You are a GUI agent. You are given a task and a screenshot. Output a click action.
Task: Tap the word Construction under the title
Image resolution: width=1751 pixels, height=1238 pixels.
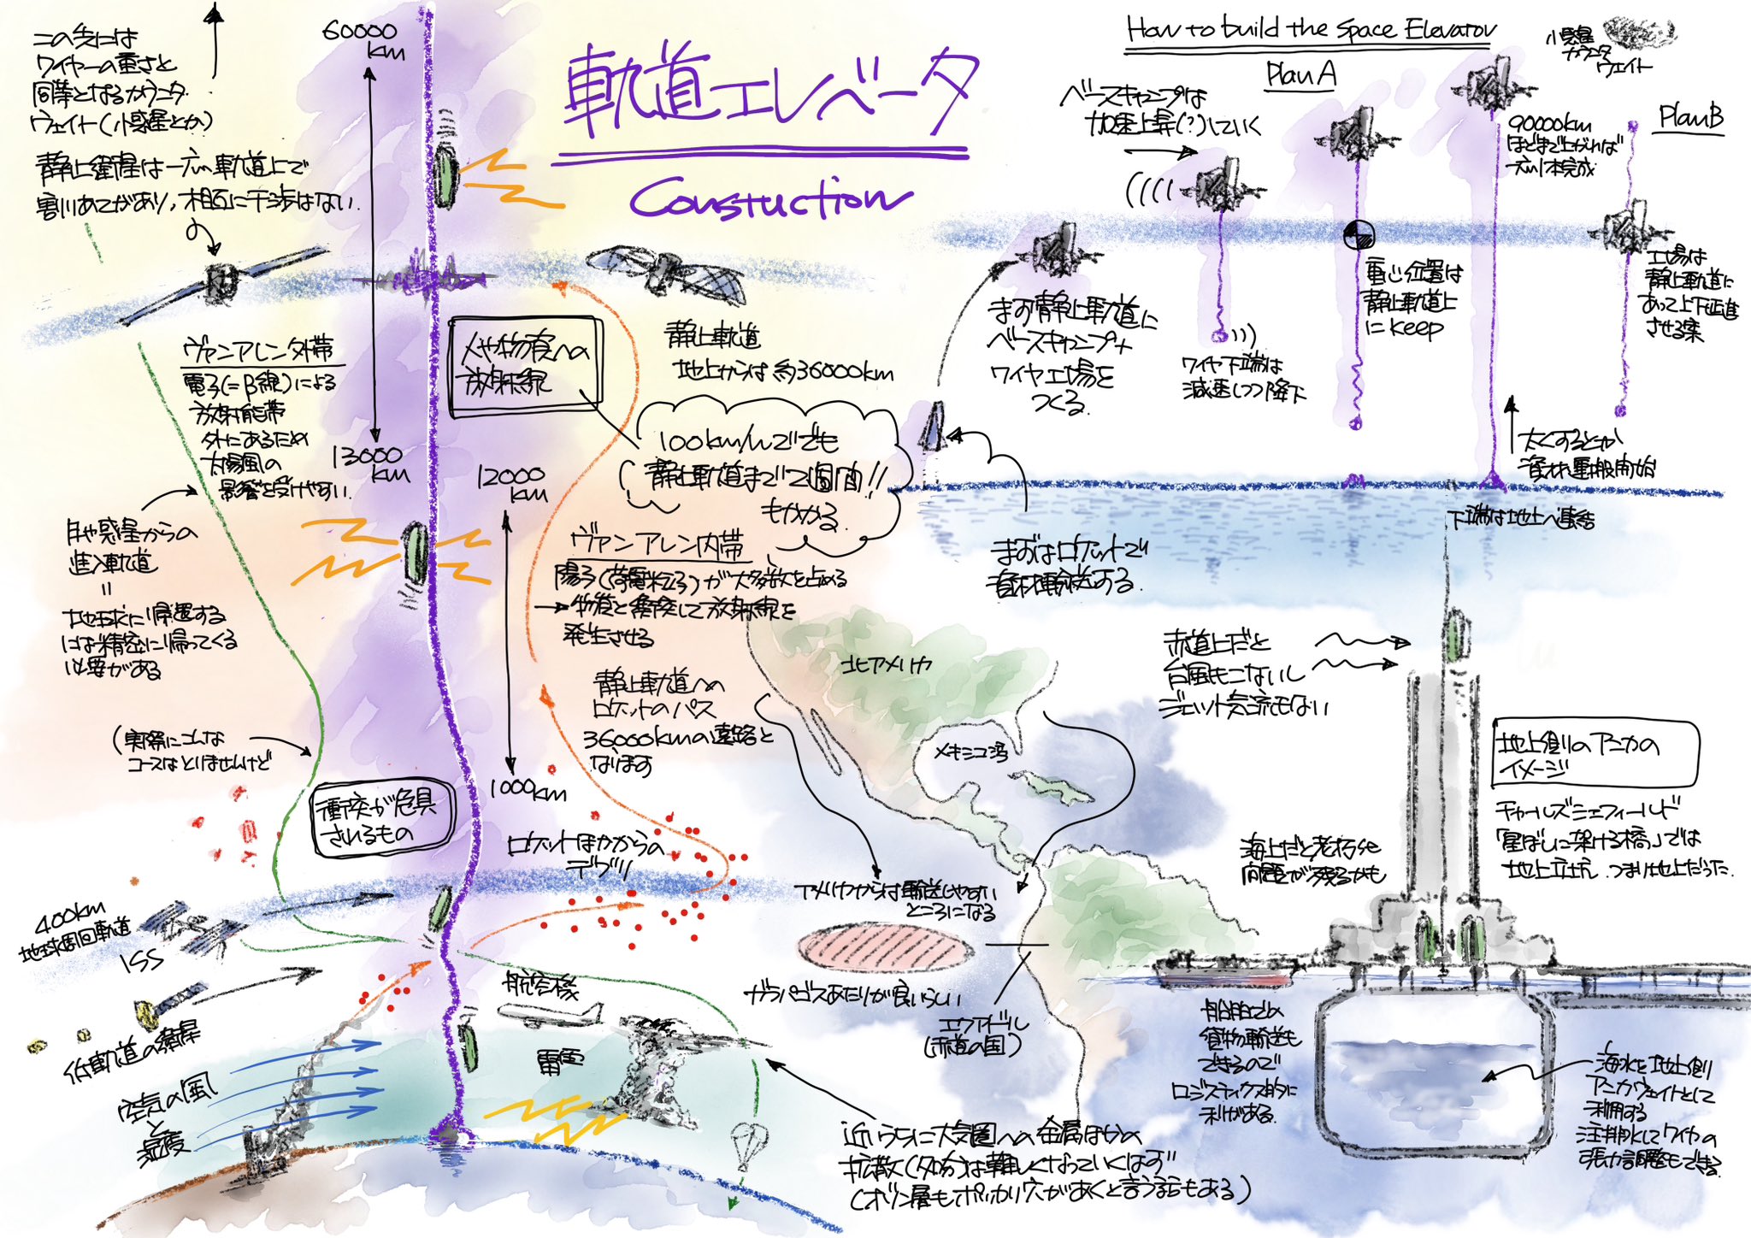769,199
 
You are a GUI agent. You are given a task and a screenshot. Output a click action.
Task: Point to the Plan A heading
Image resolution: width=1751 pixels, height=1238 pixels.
1300,75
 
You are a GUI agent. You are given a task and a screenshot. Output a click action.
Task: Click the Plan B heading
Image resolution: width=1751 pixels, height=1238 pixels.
1690,117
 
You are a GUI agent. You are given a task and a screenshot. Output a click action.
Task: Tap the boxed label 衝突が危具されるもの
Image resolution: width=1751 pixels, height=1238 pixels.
382,818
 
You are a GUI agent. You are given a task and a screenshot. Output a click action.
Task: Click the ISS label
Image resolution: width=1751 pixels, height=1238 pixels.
142,961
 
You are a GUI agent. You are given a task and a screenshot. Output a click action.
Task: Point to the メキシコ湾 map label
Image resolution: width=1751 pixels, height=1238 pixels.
970,752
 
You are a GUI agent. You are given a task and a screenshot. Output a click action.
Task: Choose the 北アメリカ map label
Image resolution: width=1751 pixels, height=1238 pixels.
885,665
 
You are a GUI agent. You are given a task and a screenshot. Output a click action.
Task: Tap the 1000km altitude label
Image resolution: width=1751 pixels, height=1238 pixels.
528,789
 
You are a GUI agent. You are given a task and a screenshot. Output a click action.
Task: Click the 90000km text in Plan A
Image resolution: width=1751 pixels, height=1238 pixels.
1549,126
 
